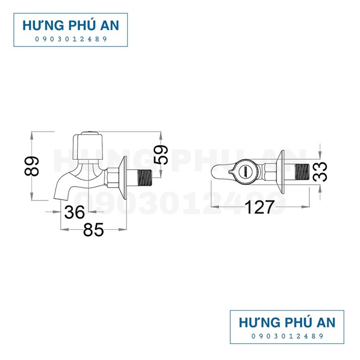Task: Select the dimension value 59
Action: pos(161,154)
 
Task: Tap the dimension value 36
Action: pos(75,212)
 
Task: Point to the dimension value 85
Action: pos(94,230)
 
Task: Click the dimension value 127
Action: pos(259,208)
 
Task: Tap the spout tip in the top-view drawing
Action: pos(215,171)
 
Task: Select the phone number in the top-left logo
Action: pos(71,39)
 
